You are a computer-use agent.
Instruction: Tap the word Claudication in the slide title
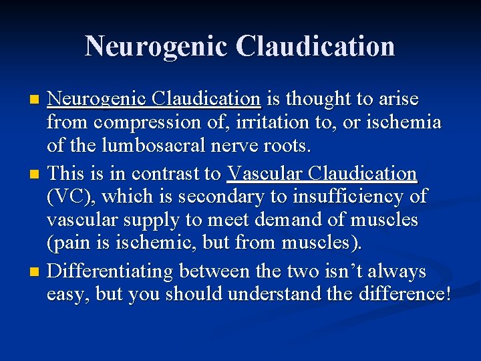tap(317, 46)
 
